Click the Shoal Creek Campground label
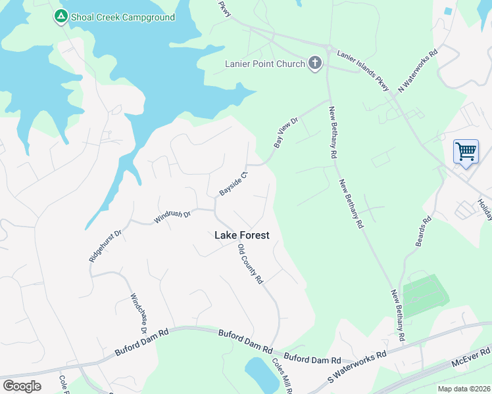click(x=124, y=17)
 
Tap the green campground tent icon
click(x=61, y=16)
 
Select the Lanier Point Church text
click(x=264, y=64)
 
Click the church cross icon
click(x=315, y=63)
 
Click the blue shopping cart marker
click(x=466, y=152)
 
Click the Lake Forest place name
click(x=242, y=235)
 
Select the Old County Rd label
click(x=250, y=264)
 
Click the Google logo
click(x=22, y=386)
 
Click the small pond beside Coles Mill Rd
click(x=262, y=376)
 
